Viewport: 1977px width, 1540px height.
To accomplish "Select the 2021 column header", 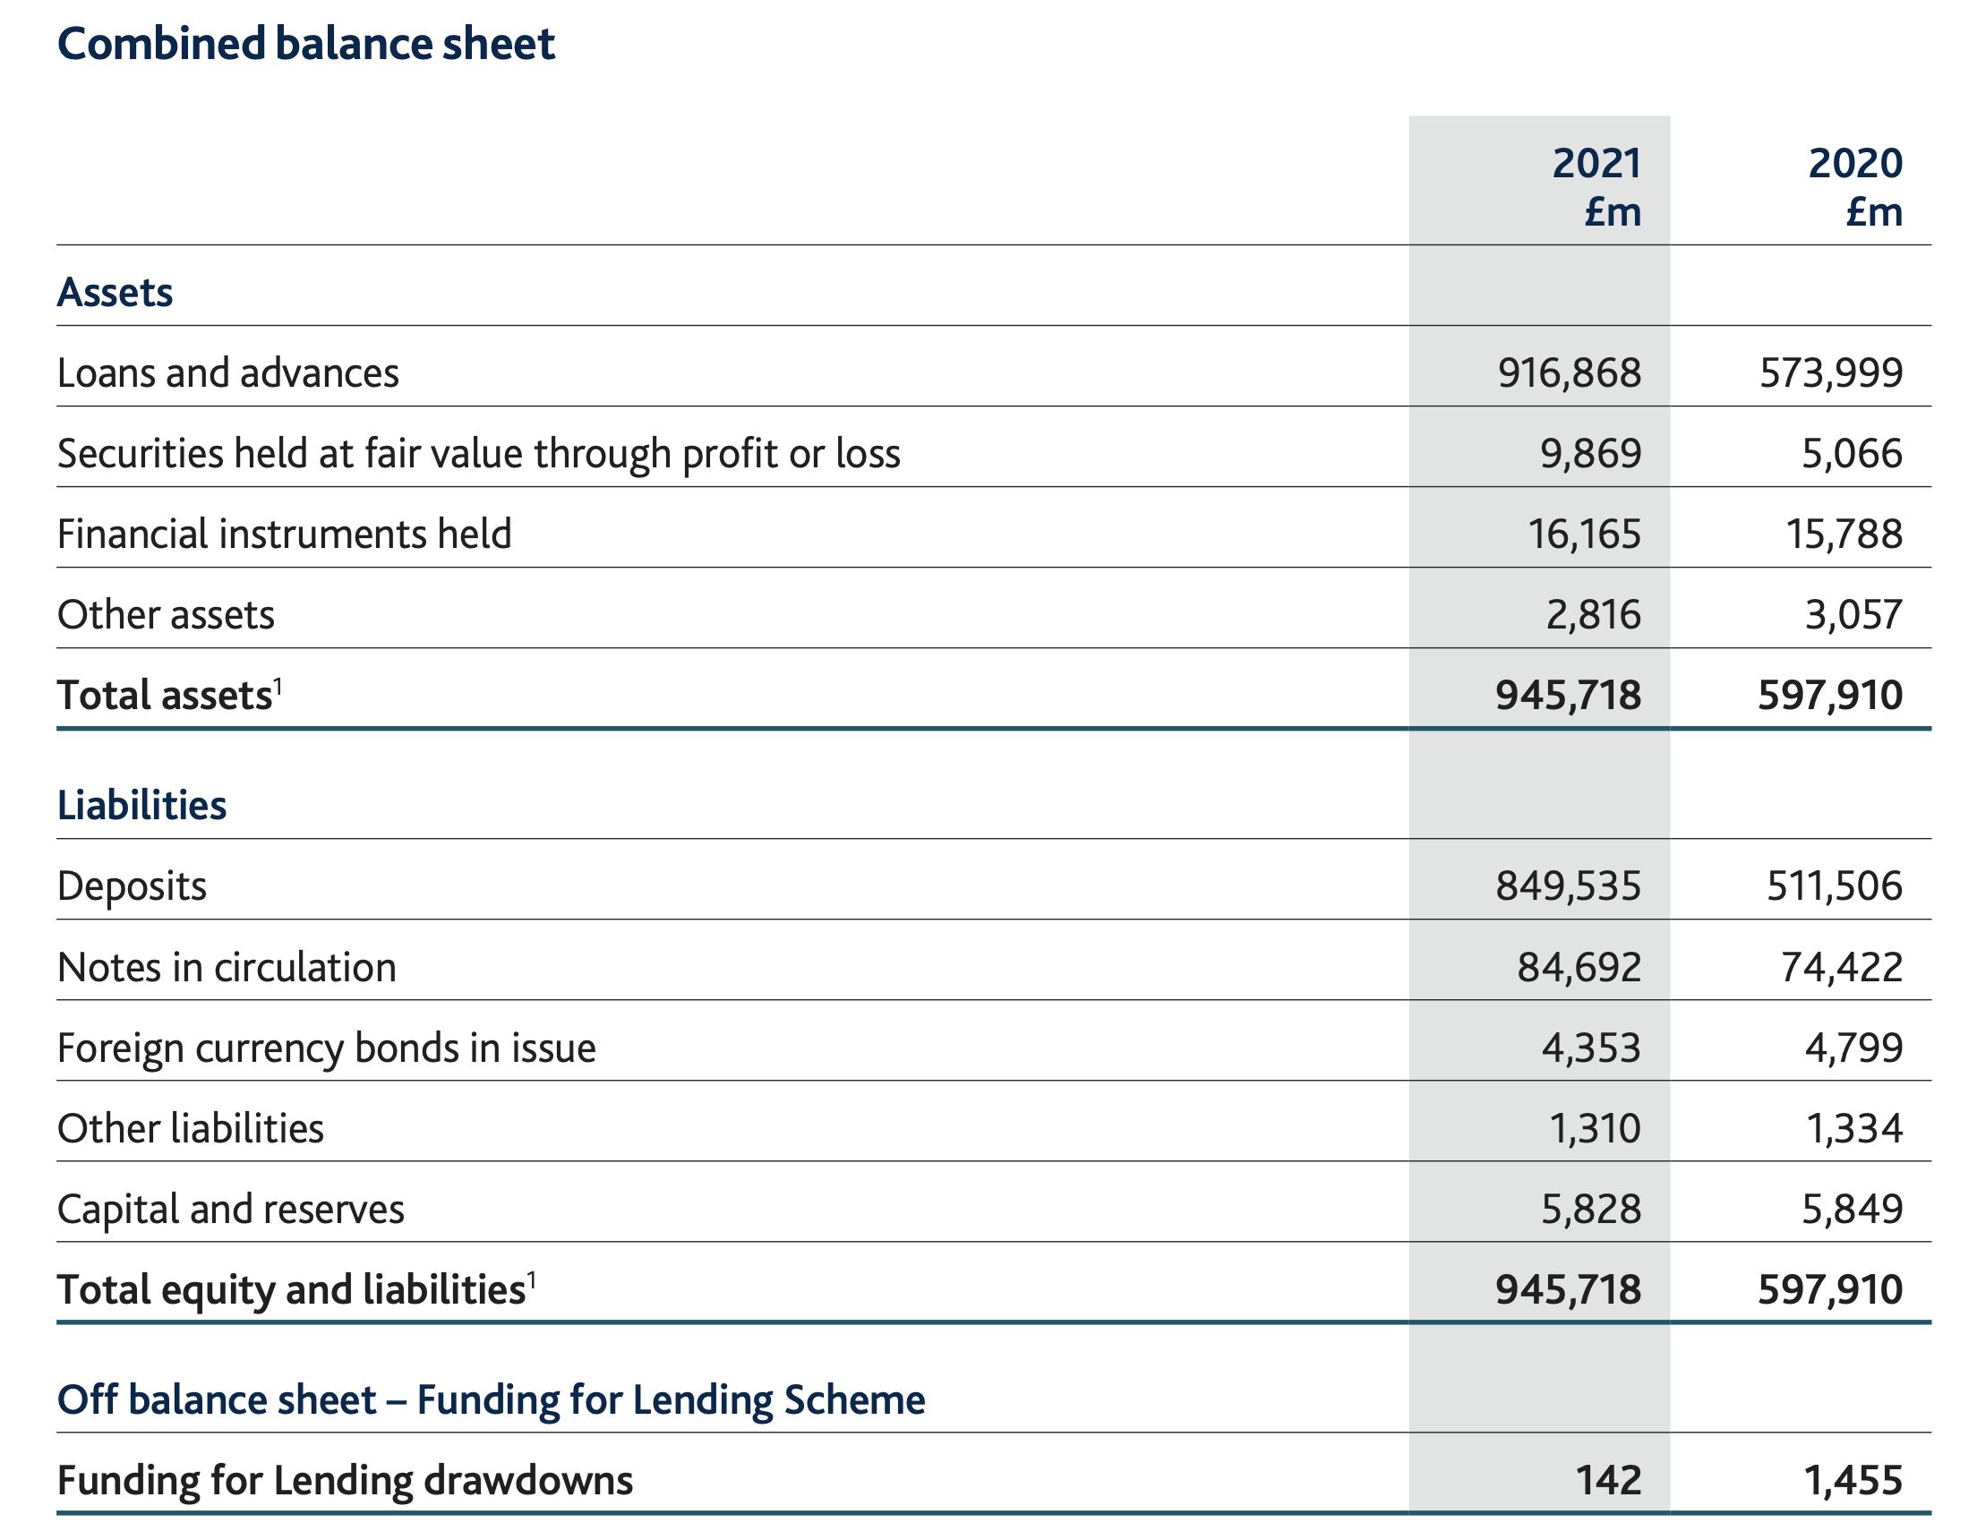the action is coord(1596,187).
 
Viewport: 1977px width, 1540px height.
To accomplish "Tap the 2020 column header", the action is coord(1857,187).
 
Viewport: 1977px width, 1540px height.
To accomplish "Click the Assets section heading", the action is coord(115,293).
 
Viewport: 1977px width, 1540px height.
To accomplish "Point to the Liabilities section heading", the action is coord(142,805).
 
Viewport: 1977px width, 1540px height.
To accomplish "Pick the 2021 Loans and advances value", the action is coord(1569,373).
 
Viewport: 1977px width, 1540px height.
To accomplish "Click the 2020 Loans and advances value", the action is coord(1831,373).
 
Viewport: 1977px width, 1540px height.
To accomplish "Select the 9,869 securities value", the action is coord(1590,454).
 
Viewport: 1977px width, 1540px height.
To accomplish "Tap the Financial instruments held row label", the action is coord(284,535).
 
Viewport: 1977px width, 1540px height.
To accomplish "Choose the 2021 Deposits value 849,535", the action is coord(1568,885).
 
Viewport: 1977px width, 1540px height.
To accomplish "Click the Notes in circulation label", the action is coord(227,967).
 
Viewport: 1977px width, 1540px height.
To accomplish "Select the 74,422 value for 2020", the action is coord(1842,967).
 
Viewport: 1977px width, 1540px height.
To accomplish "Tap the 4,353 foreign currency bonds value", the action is coord(1591,1048).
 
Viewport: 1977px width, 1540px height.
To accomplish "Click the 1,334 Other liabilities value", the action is coord(1855,1128).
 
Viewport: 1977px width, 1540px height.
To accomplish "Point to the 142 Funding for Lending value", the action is coord(1609,1480).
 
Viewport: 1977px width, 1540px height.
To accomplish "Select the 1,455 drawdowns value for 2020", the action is coord(1854,1480).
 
